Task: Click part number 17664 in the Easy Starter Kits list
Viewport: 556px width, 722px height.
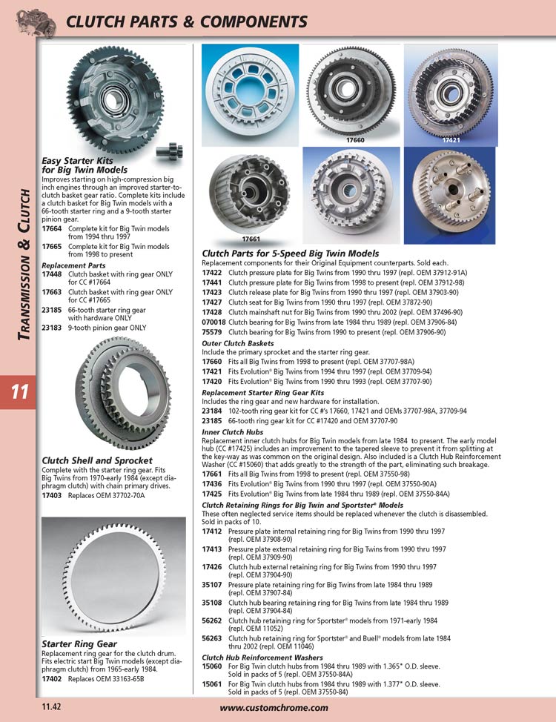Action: coord(52,229)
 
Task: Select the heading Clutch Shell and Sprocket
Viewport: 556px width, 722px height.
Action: coord(96,460)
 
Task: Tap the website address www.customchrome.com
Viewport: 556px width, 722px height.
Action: coord(274,708)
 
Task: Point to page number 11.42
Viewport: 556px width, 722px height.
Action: coord(51,707)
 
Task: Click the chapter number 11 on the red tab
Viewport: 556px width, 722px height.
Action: coord(20,392)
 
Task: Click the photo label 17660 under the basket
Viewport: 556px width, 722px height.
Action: coord(355,140)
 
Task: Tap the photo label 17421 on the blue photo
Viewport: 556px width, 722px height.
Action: coord(451,140)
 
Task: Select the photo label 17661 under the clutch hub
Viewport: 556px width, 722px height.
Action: coord(251,239)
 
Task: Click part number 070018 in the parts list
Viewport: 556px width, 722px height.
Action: coord(214,322)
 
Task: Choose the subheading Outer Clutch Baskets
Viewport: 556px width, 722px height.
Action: coord(238,343)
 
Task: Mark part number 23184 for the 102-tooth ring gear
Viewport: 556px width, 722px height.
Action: coord(212,411)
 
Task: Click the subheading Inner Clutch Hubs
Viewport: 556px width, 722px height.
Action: coord(232,432)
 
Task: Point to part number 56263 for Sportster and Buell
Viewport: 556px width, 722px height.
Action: coord(212,639)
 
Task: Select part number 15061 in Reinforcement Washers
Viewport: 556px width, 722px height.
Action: coord(212,684)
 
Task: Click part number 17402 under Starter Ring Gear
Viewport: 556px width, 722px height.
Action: coord(52,679)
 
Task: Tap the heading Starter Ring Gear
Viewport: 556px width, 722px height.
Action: coord(79,644)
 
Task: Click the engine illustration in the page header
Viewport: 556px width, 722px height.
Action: coord(36,22)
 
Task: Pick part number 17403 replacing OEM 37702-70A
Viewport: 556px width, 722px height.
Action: coord(52,496)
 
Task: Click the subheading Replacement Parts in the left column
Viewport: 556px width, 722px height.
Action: coord(73,265)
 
